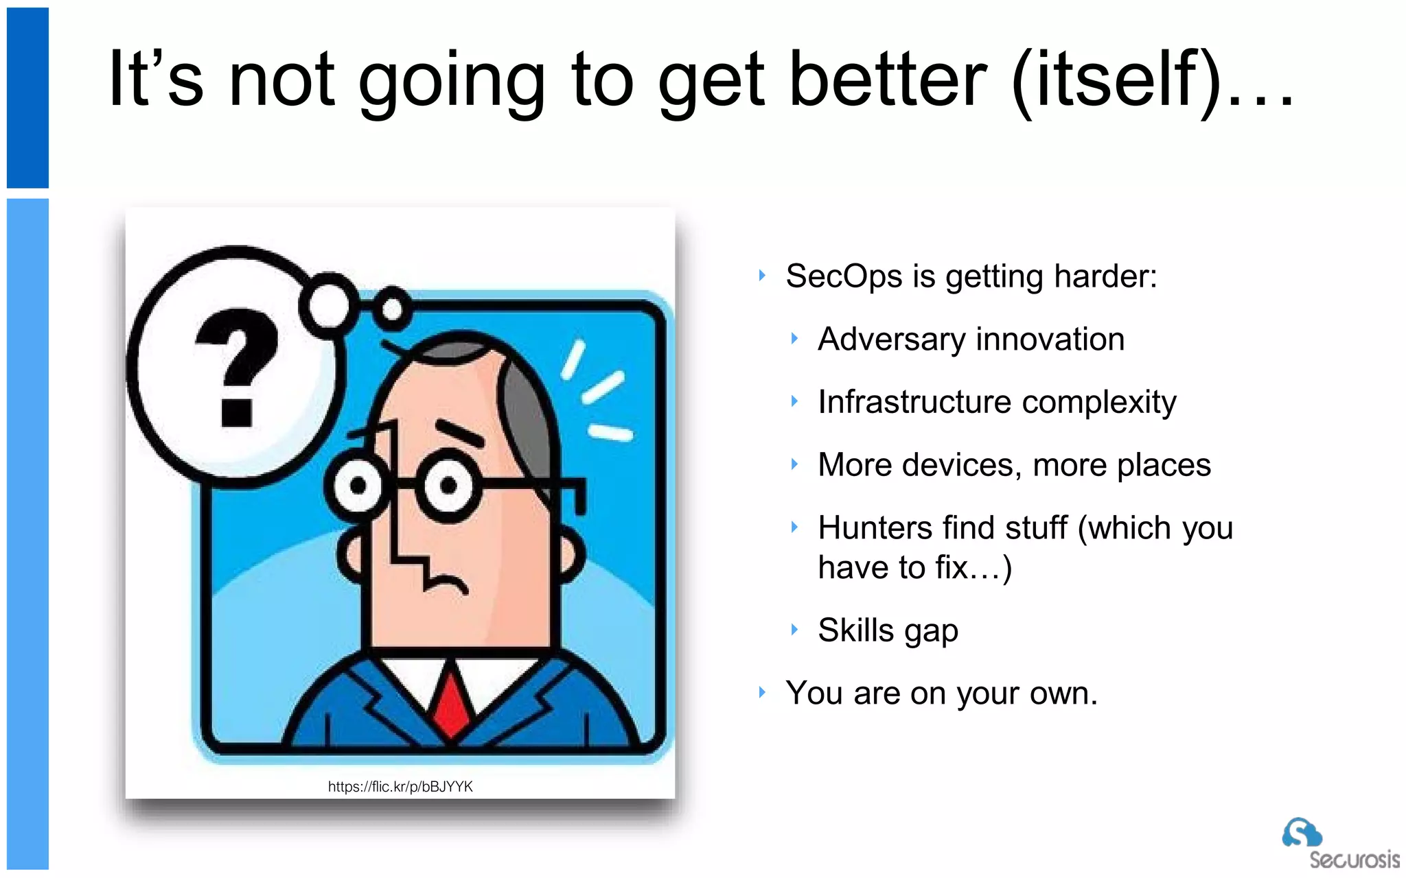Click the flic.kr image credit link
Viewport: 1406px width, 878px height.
coord(400,787)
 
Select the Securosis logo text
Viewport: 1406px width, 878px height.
coord(1354,859)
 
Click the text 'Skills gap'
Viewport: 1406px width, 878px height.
coord(888,630)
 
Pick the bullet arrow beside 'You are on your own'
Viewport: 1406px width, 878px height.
coord(762,692)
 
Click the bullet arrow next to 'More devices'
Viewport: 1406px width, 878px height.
coord(794,464)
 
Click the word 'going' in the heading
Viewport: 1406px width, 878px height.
coord(452,82)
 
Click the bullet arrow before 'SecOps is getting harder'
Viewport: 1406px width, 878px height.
coord(762,276)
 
